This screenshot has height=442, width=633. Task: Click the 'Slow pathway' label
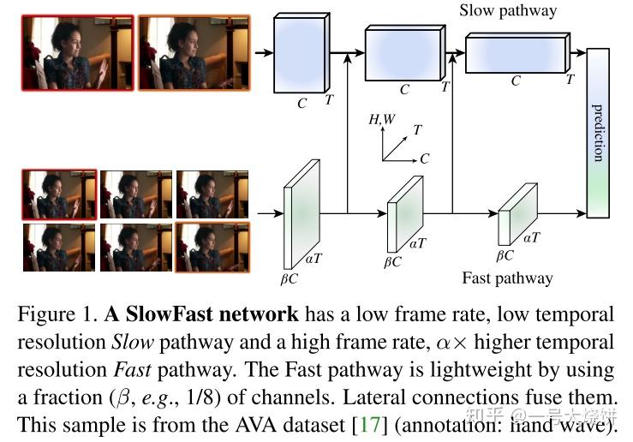(x=507, y=11)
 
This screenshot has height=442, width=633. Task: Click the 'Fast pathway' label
(x=507, y=278)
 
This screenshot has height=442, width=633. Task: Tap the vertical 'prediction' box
(x=598, y=133)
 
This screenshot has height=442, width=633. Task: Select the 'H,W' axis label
(x=381, y=120)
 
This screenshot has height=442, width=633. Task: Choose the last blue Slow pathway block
(x=516, y=54)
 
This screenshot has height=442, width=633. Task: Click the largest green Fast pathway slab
(x=301, y=208)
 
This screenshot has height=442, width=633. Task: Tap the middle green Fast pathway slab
(x=403, y=213)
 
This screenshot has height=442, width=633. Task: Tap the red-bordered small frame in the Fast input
(x=59, y=194)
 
